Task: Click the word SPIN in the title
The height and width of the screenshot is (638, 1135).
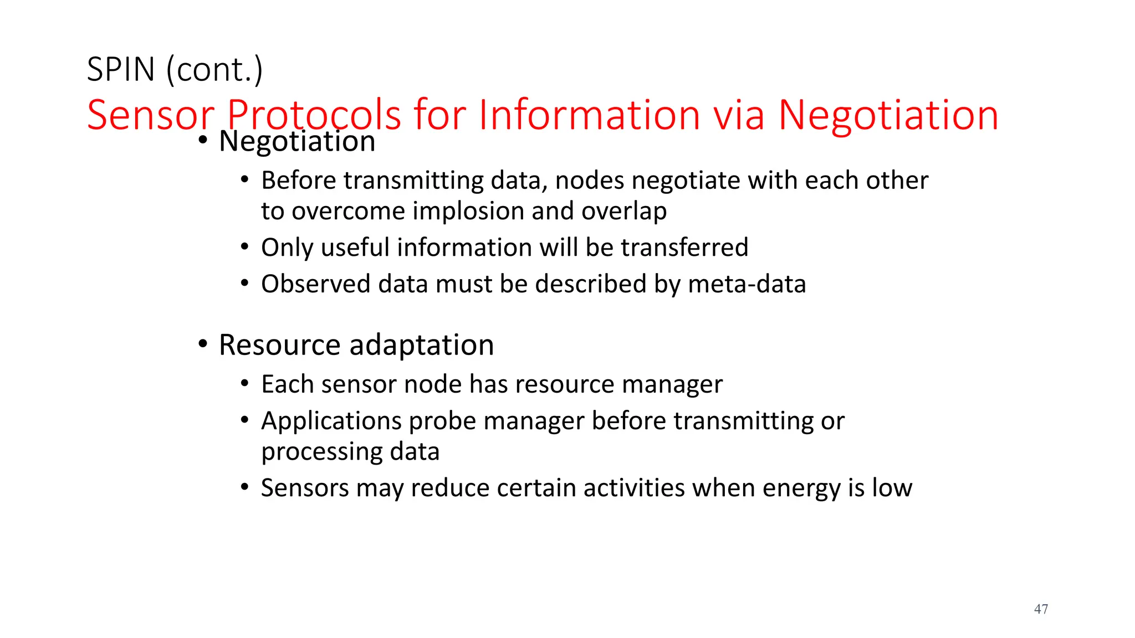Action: tap(121, 70)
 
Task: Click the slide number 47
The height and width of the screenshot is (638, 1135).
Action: tap(1041, 609)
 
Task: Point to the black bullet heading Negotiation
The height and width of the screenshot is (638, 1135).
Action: tap(297, 141)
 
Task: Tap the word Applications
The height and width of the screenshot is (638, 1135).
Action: tap(331, 421)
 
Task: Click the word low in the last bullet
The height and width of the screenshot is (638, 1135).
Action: tap(892, 488)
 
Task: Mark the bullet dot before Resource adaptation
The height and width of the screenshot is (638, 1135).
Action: tap(203, 344)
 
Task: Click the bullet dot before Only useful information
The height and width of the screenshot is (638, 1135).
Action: tap(245, 246)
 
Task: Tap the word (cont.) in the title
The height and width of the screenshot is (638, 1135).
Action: tap(214, 70)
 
